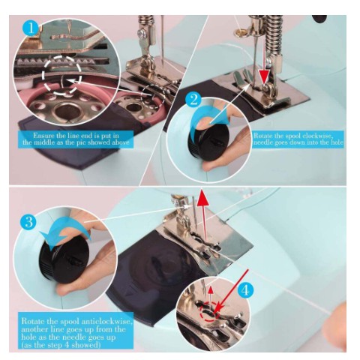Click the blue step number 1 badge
[x=31, y=28]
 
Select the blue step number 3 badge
[x=28, y=222]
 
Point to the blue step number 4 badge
[x=245, y=290]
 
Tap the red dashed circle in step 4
[x=209, y=312]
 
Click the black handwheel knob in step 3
[x=64, y=259]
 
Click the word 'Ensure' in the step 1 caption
[x=42, y=136]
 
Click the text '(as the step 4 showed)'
[x=61, y=345]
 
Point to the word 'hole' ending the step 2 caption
[x=337, y=142]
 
